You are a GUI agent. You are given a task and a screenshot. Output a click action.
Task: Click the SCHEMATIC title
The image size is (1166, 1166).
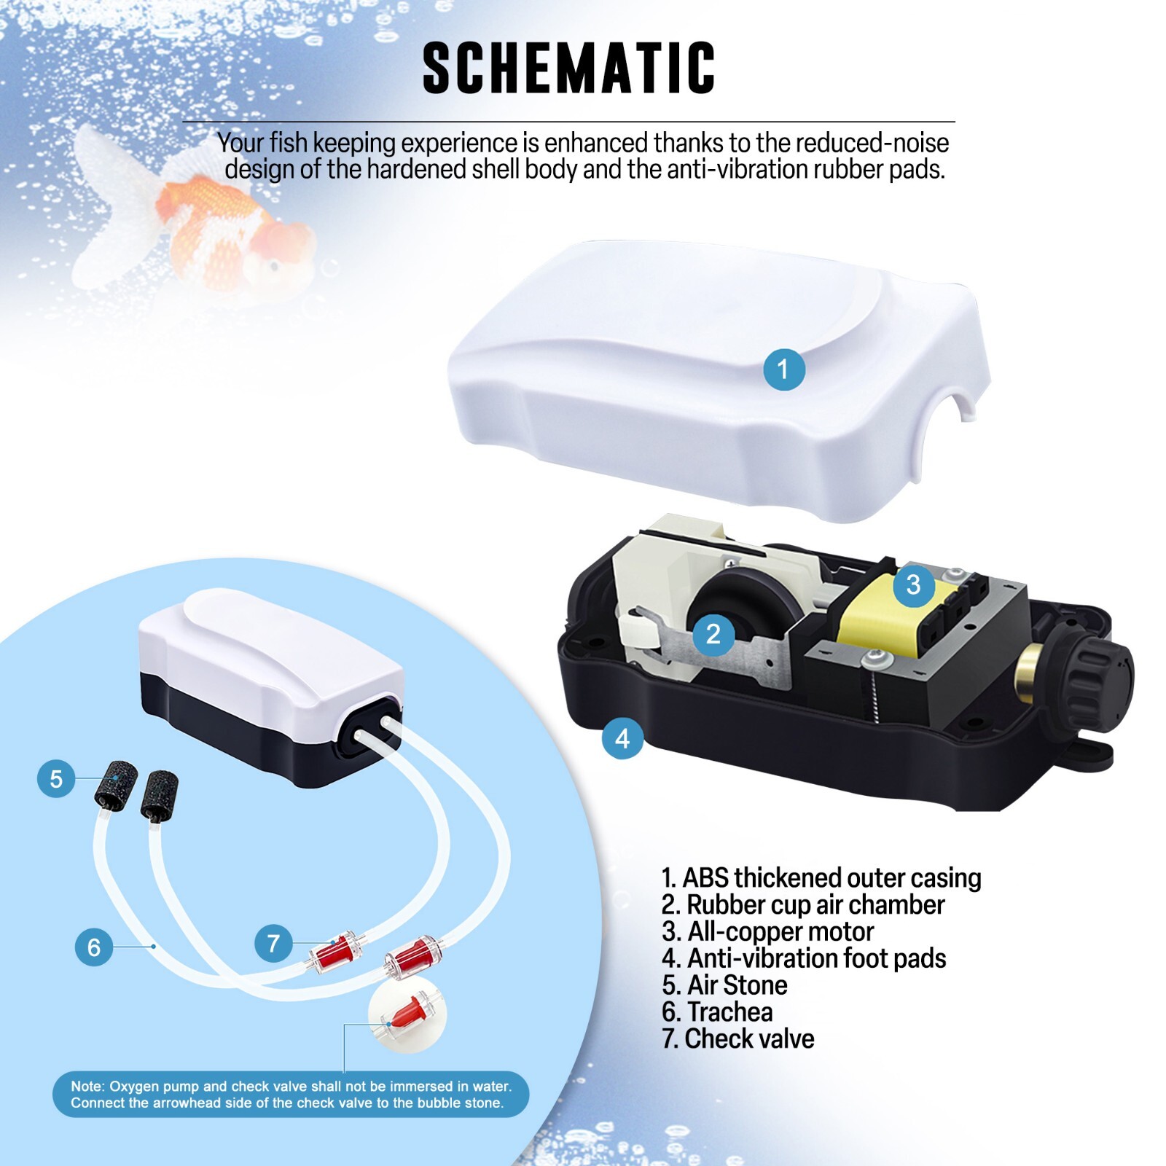pyautogui.click(x=568, y=68)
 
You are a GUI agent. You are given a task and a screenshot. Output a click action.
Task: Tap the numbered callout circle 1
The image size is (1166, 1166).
pyautogui.click(x=783, y=369)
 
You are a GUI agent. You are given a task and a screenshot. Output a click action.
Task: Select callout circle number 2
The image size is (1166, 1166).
pyautogui.click(x=713, y=634)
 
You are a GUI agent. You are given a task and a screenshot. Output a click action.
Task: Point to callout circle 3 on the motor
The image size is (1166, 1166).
pyautogui.click(x=913, y=584)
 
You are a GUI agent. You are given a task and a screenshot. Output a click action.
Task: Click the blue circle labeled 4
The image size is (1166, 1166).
pyautogui.click(x=622, y=738)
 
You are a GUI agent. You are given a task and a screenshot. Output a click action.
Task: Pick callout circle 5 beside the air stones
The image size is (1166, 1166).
pyautogui.click(x=56, y=778)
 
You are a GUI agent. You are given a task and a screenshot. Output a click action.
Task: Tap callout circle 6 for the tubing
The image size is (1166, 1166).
pyautogui.click(x=94, y=947)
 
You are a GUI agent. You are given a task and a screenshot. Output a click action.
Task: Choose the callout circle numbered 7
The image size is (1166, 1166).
pyautogui.click(x=273, y=943)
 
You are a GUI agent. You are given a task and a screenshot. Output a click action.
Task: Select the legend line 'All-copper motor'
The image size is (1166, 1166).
pyautogui.click(x=767, y=931)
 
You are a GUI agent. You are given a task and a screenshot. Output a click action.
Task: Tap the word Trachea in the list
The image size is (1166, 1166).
pyautogui.click(x=729, y=1012)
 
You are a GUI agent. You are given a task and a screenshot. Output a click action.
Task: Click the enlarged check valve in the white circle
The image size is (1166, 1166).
pyautogui.click(x=409, y=1015)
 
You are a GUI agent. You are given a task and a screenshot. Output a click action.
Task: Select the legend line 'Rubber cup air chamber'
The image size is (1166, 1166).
pyautogui.click(x=803, y=904)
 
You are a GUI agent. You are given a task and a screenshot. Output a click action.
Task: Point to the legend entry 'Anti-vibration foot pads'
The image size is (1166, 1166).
pyautogui.click(x=804, y=958)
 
